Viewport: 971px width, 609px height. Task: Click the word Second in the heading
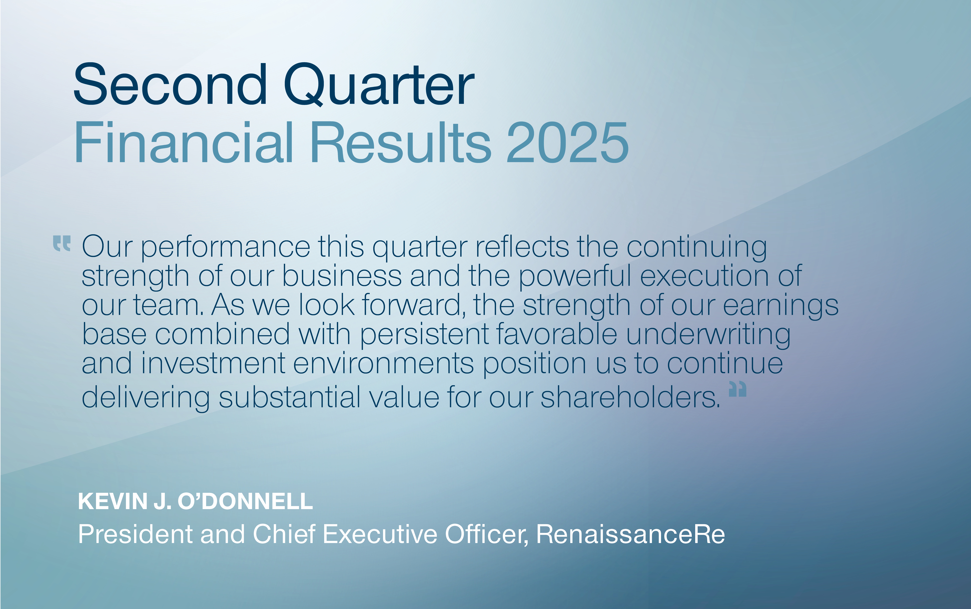tap(170, 85)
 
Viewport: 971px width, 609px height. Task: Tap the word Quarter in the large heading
tap(379, 85)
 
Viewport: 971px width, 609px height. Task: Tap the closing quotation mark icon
tap(737, 389)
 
